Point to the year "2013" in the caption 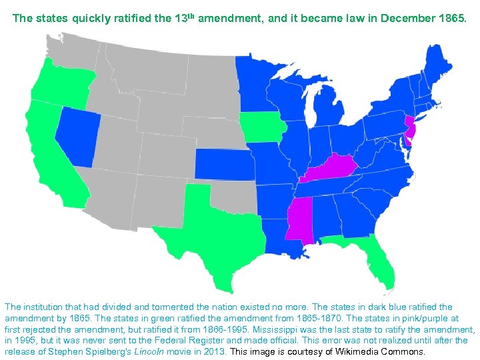tap(215, 351)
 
